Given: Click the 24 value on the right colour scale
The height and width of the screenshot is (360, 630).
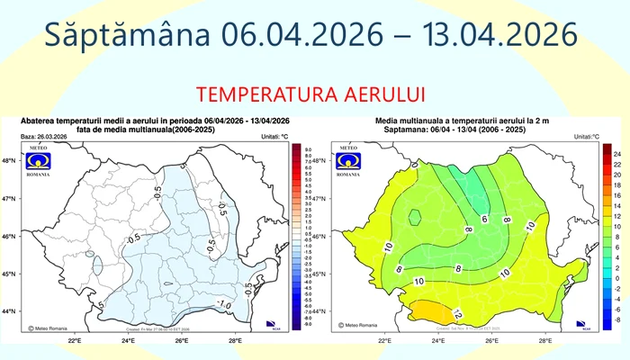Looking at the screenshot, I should coord(619,155).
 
